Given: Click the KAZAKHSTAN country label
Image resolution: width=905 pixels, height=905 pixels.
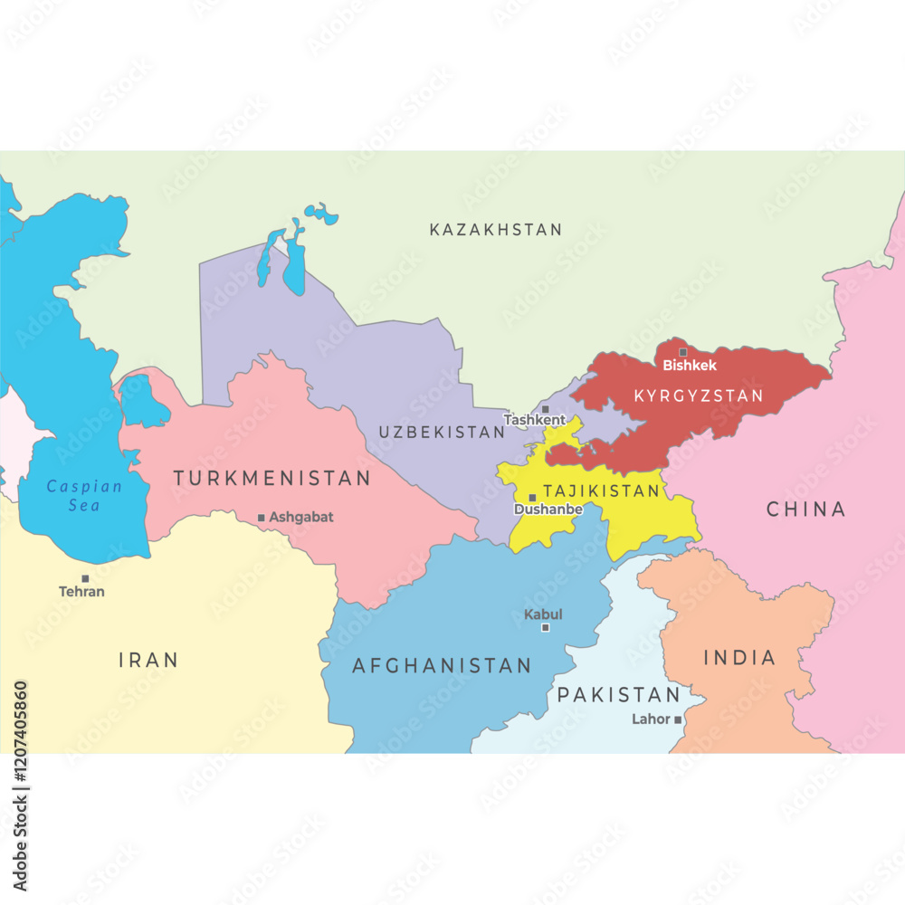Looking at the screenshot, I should [x=495, y=230].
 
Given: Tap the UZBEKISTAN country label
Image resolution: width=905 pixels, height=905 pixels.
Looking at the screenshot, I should [x=442, y=433].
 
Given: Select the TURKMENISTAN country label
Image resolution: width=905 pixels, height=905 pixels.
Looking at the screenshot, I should [x=271, y=478].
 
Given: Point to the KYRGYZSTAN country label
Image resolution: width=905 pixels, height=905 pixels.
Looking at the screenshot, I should [x=698, y=396].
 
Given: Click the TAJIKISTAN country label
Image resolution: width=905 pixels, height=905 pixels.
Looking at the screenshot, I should [x=601, y=491].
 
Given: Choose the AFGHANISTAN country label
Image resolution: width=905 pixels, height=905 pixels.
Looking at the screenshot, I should [x=442, y=666].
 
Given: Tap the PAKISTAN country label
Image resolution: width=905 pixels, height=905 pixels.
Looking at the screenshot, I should [x=618, y=695].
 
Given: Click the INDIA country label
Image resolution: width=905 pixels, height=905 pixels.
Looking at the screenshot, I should [x=739, y=658].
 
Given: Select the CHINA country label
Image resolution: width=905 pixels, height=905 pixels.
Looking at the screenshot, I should [x=805, y=510].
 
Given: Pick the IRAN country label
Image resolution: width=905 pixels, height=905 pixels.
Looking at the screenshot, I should [x=148, y=660].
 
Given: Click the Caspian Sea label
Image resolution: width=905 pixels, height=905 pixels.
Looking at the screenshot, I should [x=83, y=495].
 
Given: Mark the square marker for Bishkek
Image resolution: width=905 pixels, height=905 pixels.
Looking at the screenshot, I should [x=683, y=352].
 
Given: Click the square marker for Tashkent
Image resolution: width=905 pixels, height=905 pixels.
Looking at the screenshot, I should [x=545, y=409].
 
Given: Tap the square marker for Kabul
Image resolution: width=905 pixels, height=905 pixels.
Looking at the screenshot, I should [x=545, y=627].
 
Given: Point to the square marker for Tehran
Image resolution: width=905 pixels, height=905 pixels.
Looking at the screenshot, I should [x=85, y=578].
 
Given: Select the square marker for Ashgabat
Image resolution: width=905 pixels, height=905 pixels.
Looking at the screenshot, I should [x=262, y=518].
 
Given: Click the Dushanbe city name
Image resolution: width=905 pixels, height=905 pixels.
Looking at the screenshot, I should [x=548, y=510].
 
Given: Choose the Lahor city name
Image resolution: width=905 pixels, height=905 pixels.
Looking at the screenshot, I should [x=652, y=719].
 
